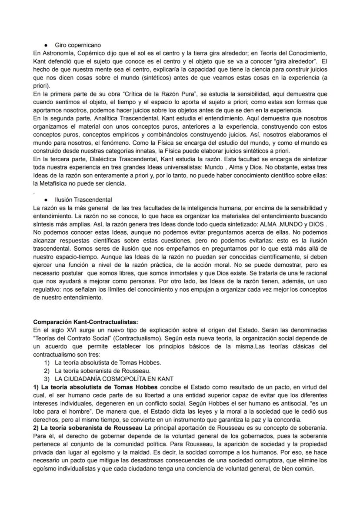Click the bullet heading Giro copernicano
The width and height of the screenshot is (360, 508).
pyautogui.click(x=78, y=45)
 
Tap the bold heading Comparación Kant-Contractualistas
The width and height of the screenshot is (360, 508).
pyautogui.click(x=86, y=322)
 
